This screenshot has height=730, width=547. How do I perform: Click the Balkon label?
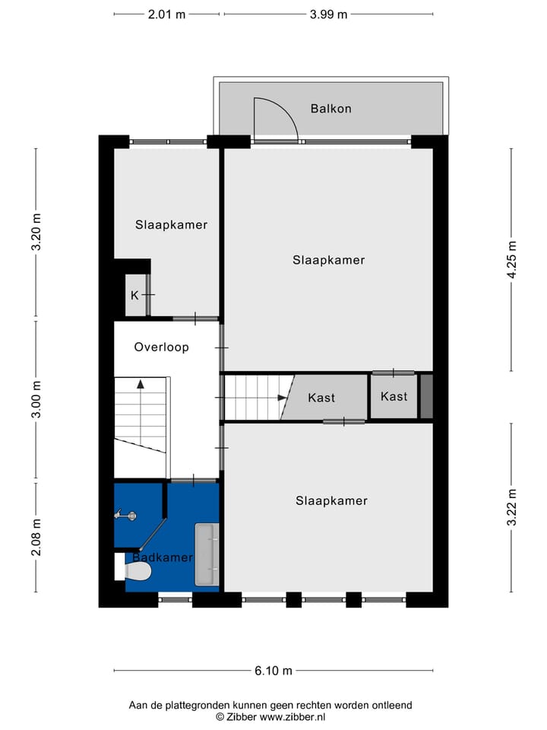click(330, 109)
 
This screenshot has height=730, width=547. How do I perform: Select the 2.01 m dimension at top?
click(167, 14)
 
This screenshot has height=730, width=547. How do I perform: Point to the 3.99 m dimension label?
click(328, 14)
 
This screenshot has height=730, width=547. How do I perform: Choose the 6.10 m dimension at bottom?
click(273, 671)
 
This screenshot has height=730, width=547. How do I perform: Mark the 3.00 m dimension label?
click(36, 401)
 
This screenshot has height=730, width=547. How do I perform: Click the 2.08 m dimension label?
click(36, 537)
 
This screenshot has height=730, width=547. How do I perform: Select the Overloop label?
click(161, 347)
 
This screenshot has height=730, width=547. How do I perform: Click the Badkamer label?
click(162, 558)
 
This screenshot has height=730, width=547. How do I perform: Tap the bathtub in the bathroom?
click(206, 554)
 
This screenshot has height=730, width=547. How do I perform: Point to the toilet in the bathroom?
click(119, 567)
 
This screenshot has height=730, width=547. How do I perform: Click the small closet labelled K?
click(135, 295)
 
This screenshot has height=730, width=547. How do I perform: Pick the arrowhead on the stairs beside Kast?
click(283, 397)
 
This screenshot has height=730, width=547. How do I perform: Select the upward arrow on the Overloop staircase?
click(140, 385)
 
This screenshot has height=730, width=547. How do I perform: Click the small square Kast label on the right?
click(394, 396)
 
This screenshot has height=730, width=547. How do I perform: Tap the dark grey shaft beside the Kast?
click(426, 396)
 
